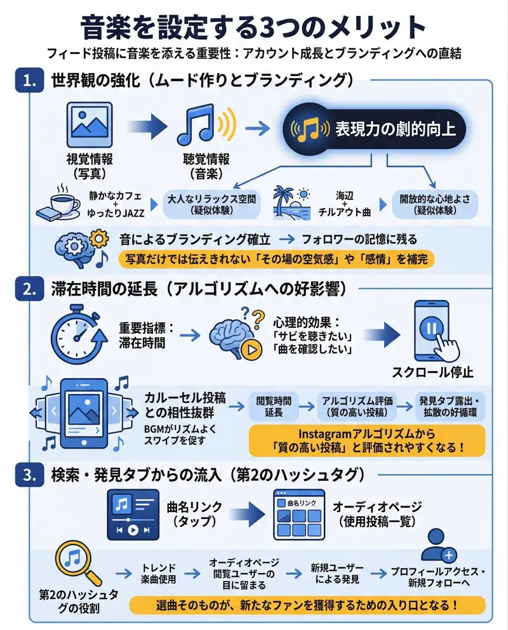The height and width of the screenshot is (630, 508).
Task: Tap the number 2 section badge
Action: click(29, 290)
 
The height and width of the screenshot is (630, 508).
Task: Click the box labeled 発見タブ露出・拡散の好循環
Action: click(450, 406)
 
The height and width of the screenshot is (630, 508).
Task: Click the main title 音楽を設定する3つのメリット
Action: click(254, 28)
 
